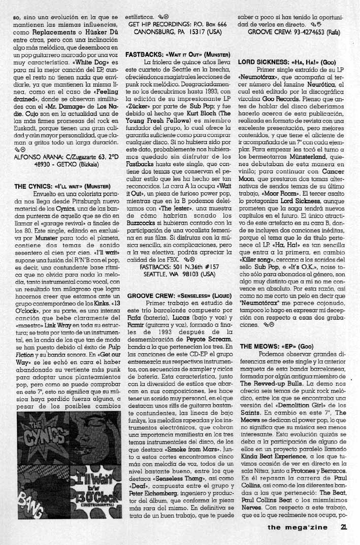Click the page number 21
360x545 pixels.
[x=344, y=526]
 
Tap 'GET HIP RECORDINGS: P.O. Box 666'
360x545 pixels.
[x=178, y=24]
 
